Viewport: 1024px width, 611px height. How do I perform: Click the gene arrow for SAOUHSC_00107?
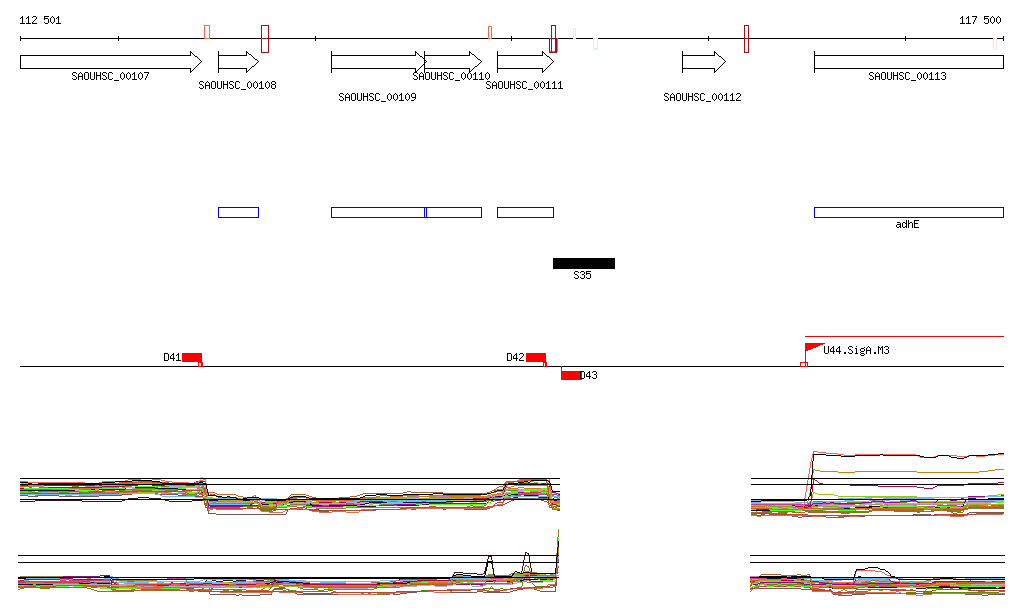[x=110, y=62]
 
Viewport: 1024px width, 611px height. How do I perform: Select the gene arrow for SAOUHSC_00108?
[x=238, y=62]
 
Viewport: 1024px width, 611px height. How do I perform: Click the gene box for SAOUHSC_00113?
[x=908, y=62]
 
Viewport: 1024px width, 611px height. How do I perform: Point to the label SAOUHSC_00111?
[x=524, y=86]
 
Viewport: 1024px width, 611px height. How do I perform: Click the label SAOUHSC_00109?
[x=377, y=98]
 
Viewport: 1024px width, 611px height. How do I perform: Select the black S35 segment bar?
[x=584, y=263]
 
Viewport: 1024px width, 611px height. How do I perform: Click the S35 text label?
[x=582, y=275]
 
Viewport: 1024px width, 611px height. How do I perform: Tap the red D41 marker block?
[x=192, y=357]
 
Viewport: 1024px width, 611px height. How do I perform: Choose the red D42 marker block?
[x=536, y=357]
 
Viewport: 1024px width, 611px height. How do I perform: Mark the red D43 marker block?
[x=570, y=376]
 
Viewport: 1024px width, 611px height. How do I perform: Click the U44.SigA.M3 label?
[x=856, y=350]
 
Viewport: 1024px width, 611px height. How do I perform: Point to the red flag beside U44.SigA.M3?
[x=812, y=347]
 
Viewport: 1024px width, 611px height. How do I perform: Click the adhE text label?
[x=907, y=225]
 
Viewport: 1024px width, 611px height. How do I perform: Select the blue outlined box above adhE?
[x=908, y=212]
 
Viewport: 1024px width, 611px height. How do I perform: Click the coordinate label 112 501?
[x=40, y=20]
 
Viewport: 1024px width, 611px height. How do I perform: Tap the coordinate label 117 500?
[x=980, y=20]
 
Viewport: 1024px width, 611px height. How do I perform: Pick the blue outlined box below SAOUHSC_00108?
[x=238, y=212]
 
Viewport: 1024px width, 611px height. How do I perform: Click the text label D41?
[x=172, y=357]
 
